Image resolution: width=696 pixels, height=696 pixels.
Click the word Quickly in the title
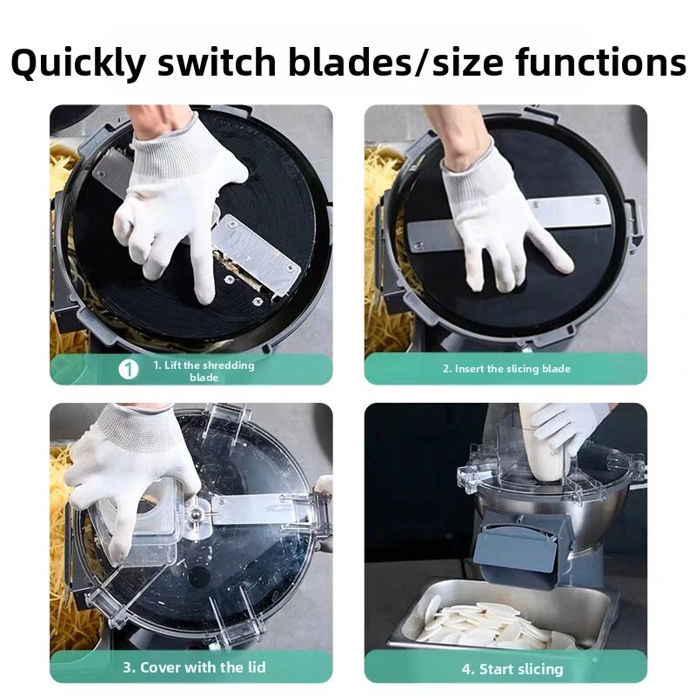coord(78,63)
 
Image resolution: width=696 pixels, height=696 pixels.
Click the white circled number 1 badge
coord(128,369)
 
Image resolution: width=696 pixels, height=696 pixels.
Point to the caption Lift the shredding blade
coord(204,371)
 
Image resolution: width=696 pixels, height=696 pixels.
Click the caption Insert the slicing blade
coord(506,369)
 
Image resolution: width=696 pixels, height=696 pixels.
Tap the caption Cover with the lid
coord(194,667)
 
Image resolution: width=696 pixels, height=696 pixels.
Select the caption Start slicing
coord(512,669)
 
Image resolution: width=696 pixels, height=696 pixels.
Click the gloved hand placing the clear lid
coord(133,475)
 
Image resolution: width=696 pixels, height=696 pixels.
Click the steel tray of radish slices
coord(502,617)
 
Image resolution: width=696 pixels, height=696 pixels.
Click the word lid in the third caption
coord(256,667)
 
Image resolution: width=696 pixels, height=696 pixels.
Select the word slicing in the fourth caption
coord(539,669)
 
